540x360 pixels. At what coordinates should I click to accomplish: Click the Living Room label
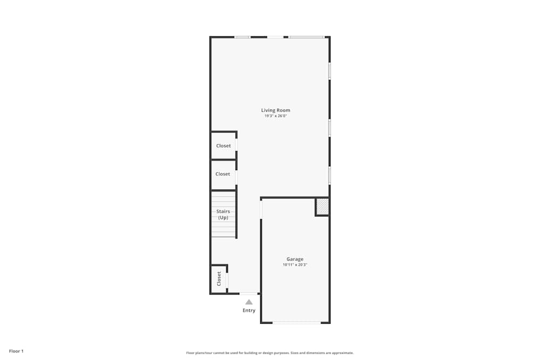pyautogui.click(x=275, y=110)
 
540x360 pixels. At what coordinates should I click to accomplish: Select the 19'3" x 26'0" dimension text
pyautogui.click(x=275, y=116)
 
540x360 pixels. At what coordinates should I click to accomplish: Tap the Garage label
pyautogui.click(x=295, y=259)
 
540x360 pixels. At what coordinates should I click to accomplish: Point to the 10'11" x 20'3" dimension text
pyautogui.click(x=295, y=265)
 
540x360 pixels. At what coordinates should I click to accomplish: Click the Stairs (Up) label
pyautogui.click(x=223, y=214)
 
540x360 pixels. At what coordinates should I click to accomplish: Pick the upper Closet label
pyautogui.click(x=224, y=146)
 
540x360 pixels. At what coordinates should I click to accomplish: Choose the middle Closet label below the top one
pyautogui.click(x=222, y=174)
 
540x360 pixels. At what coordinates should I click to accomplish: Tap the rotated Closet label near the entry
pyautogui.click(x=219, y=279)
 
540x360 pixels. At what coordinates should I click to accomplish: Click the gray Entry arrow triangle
pyautogui.click(x=249, y=302)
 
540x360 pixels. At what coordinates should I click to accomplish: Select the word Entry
pyautogui.click(x=249, y=310)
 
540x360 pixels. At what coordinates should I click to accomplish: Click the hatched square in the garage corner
pyautogui.click(x=322, y=207)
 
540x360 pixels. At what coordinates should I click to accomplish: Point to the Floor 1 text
pyautogui.click(x=16, y=351)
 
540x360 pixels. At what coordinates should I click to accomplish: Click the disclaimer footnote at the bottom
pyautogui.click(x=270, y=353)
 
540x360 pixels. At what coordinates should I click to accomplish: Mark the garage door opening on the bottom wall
pyautogui.click(x=296, y=323)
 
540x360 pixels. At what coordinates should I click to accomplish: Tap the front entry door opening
pyautogui.click(x=249, y=294)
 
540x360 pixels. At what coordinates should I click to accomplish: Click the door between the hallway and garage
pyautogui.click(x=261, y=209)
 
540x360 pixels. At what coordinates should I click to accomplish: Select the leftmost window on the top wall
pyautogui.click(x=242, y=37)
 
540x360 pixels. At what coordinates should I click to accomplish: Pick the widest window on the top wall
pyautogui.click(x=306, y=37)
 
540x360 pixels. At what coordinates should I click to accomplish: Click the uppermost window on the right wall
pyautogui.click(x=329, y=71)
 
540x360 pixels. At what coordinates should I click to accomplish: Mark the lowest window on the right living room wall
pyautogui.click(x=329, y=175)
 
